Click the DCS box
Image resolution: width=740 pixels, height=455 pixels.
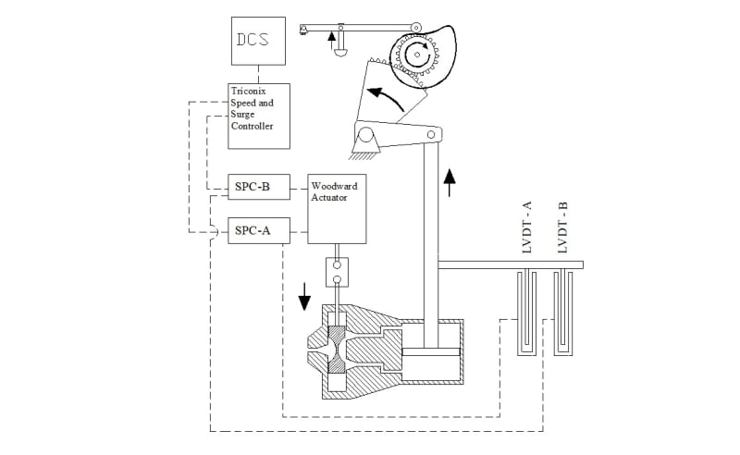pyautogui.click(x=258, y=41)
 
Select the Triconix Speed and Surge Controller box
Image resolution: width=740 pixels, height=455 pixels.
pyautogui.click(x=259, y=117)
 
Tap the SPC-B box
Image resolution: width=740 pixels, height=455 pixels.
pyautogui.click(x=259, y=187)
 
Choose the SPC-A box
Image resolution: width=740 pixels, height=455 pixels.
pyautogui.click(x=259, y=231)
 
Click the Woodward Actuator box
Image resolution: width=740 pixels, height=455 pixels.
pyautogui.click(x=337, y=209)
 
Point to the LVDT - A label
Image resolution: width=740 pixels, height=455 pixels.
pyautogui.click(x=527, y=227)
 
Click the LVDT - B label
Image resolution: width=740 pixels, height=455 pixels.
pyautogui.click(x=562, y=227)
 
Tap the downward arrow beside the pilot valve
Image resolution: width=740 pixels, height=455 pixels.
pyautogui.click(x=304, y=297)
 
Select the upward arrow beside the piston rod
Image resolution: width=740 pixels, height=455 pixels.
pyautogui.click(x=450, y=183)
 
